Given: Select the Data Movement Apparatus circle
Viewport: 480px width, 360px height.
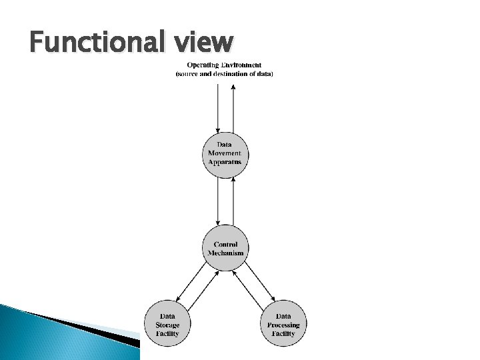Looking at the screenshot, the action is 225,154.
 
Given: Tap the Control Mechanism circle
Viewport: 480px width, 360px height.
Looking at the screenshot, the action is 225,248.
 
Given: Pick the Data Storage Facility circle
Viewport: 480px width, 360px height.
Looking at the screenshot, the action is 167,324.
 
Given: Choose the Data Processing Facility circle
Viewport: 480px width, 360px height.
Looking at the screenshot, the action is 283,324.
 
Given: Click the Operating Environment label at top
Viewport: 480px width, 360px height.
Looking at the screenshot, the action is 225,65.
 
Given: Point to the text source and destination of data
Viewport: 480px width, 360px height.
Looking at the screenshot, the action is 225,73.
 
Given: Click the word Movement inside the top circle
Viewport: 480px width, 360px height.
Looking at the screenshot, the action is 225,153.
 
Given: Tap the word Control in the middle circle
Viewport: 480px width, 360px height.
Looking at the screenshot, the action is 225,244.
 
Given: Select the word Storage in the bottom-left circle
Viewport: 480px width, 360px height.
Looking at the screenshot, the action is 167,325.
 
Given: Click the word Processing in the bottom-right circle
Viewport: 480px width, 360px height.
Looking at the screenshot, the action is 283,325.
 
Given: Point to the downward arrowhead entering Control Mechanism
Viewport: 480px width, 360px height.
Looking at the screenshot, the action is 218,222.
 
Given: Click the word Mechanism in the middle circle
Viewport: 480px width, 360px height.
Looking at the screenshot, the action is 225,253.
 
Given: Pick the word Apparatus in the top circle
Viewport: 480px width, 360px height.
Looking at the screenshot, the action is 225,162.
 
